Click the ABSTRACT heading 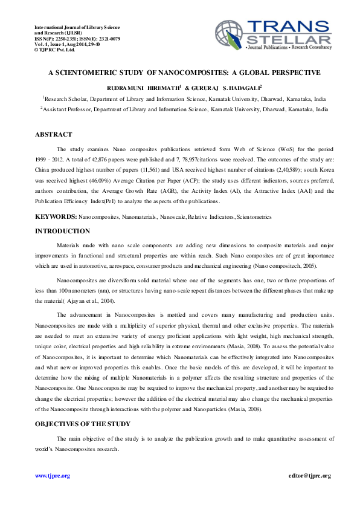(x=53, y=134)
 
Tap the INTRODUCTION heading (x=62, y=231)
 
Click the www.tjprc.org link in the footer (x=53, y=476)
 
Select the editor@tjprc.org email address (x=310, y=476)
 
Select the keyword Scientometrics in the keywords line (x=254, y=216)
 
